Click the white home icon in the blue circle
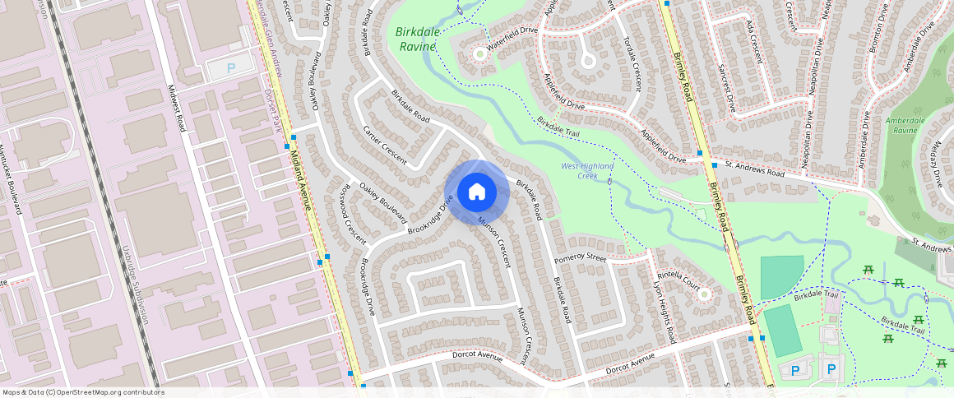(476, 192)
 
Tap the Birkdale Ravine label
(418, 39)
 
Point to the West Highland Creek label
(587, 171)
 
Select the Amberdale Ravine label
(905, 125)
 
